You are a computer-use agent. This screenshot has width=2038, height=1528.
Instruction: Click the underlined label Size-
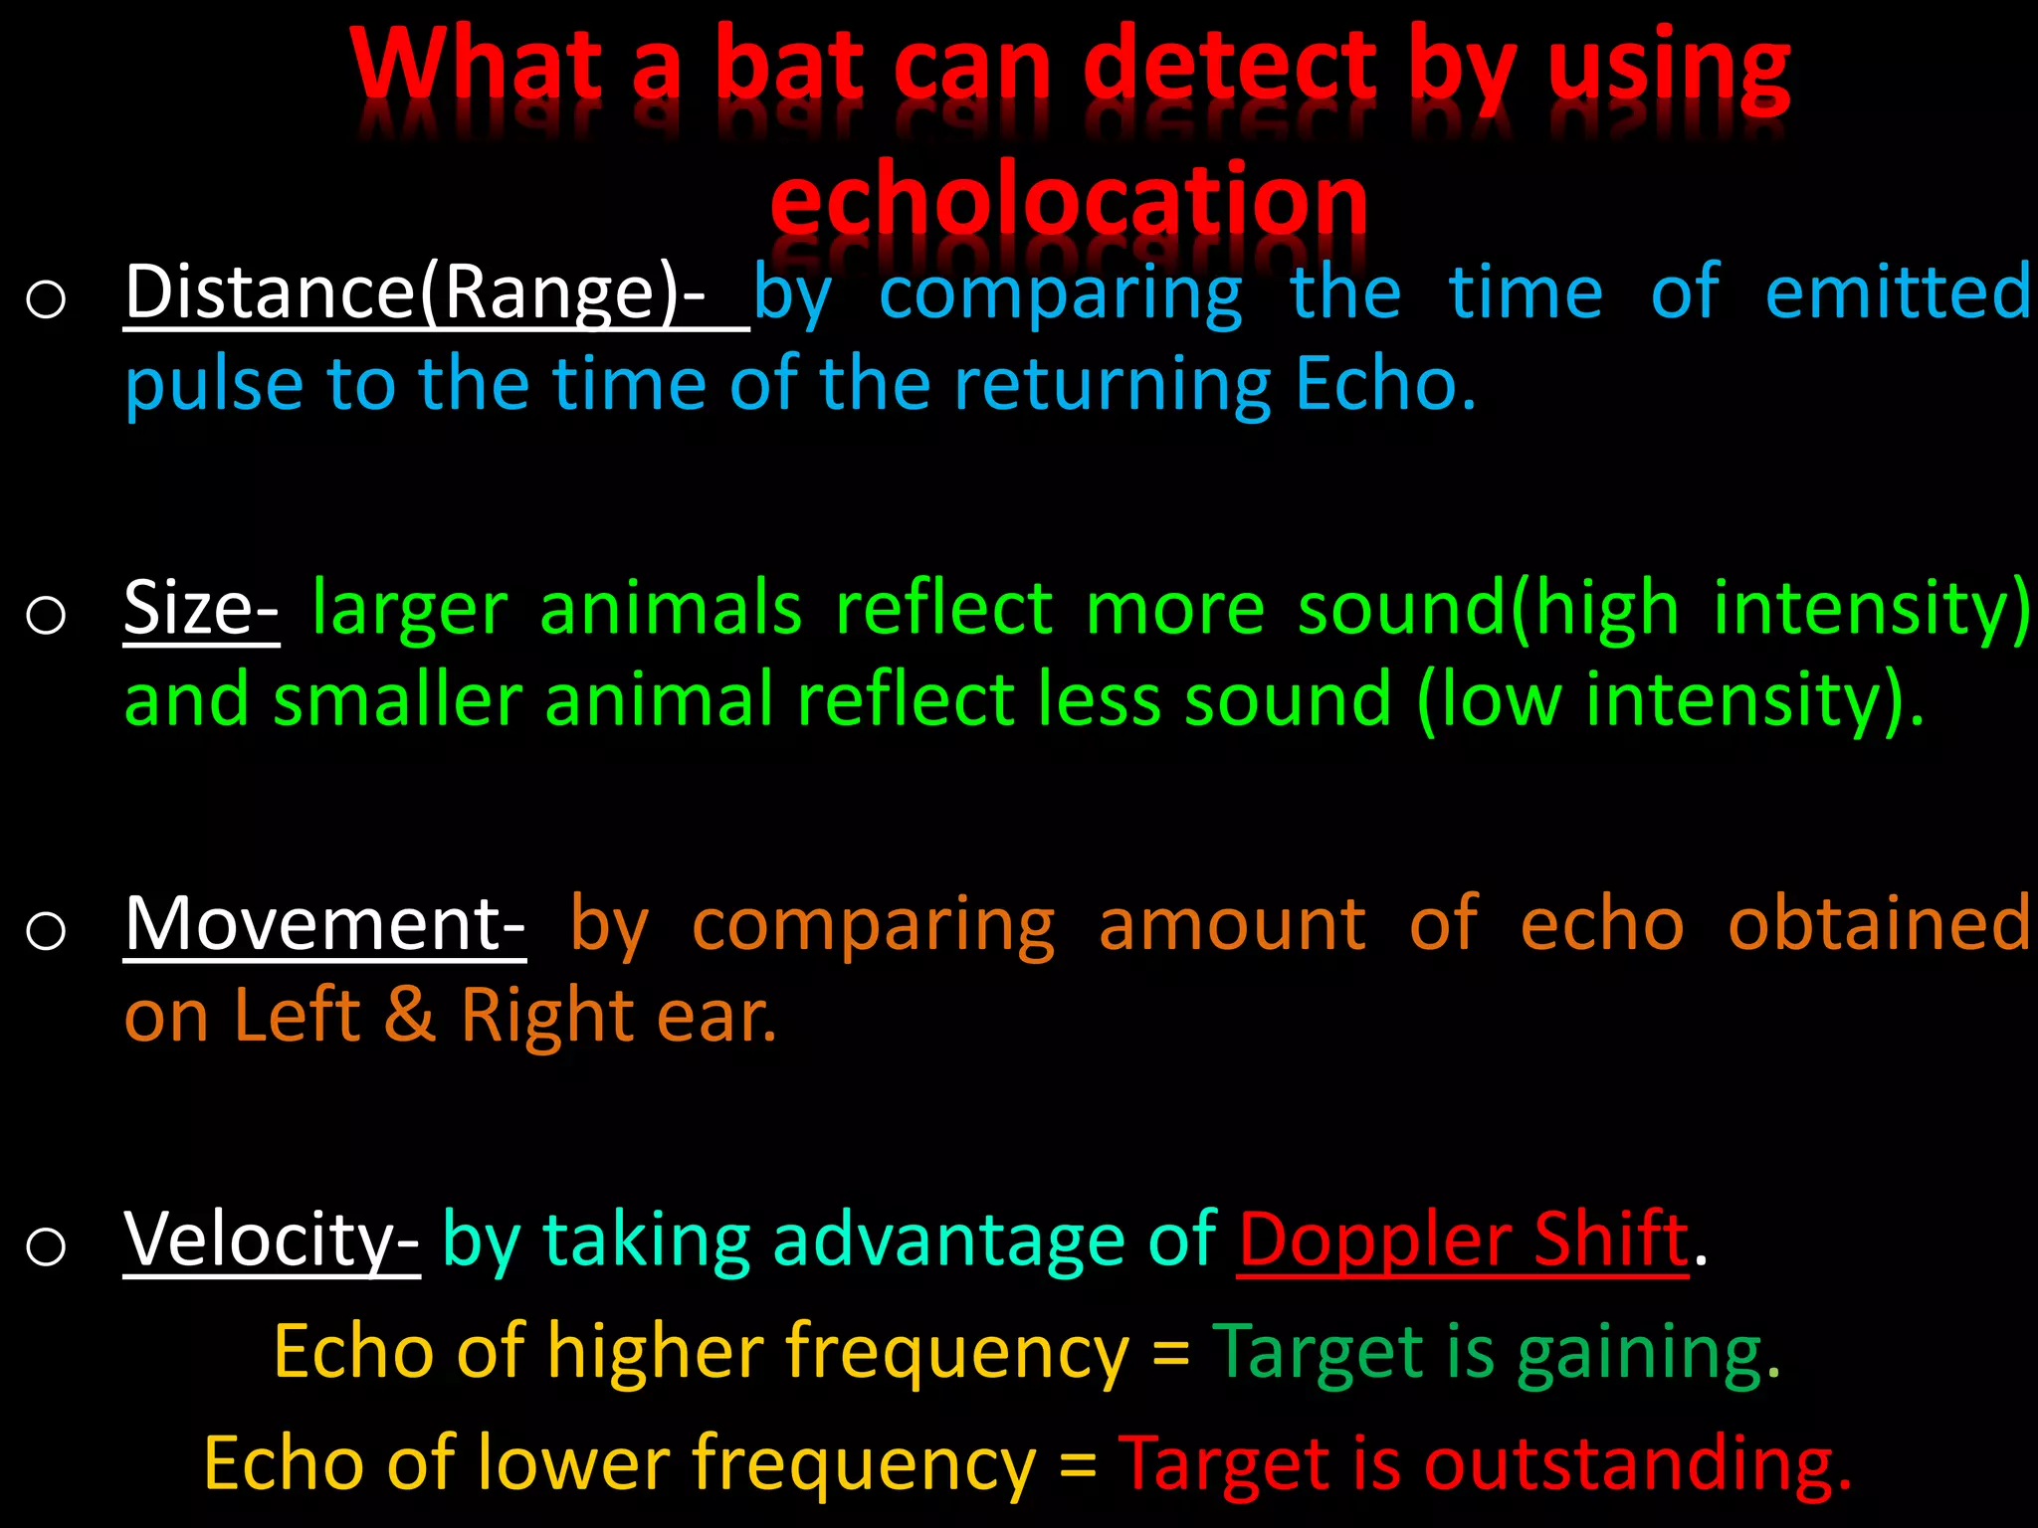point(201,608)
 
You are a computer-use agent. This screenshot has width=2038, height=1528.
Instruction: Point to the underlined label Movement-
point(324,924)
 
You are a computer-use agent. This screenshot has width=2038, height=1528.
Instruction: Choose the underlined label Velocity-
point(272,1240)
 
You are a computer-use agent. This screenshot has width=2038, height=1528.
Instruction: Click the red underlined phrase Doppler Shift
point(1463,1240)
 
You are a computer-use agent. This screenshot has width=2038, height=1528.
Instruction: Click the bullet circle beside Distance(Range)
point(46,299)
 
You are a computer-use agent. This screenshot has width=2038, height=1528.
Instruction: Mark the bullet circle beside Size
point(46,615)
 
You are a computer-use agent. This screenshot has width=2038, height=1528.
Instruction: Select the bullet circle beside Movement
point(46,931)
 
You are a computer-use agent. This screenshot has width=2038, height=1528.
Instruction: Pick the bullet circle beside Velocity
point(46,1246)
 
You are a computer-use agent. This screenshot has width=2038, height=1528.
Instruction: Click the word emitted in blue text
point(1897,292)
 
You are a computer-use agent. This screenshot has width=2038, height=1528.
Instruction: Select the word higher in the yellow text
point(654,1353)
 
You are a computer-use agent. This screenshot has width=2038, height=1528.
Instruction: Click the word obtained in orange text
point(1879,924)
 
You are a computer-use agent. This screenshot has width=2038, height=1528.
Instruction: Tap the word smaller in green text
point(397,699)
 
